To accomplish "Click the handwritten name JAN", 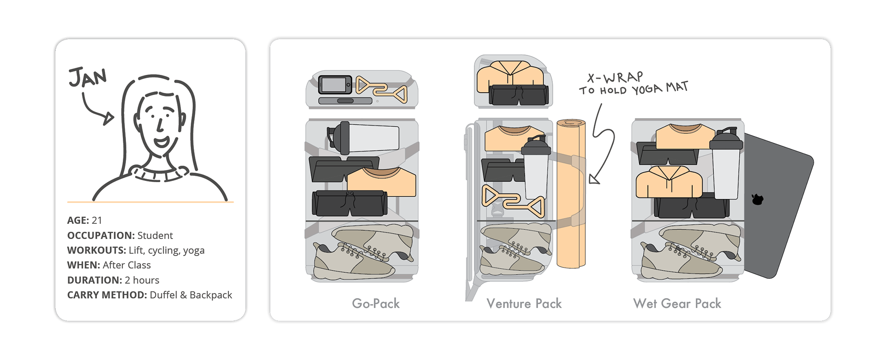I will click(x=87, y=77).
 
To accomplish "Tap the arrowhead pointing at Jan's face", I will click(x=109, y=119).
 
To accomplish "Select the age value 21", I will click(x=96, y=220).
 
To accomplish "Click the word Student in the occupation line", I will click(x=155, y=235).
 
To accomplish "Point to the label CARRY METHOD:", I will click(x=107, y=295).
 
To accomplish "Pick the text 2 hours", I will click(x=142, y=280).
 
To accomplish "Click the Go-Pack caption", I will click(x=376, y=303).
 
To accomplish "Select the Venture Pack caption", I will click(x=524, y=303).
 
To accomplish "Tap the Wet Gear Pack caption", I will click(x=677, y=303).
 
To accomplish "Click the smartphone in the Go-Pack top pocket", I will click(x=335, y=85).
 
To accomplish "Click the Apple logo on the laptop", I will click(x=757, y=199).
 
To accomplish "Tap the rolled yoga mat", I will click(x=571, y=194).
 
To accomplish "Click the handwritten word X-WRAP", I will click(x=615, y=78).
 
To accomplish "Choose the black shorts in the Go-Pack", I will click(x=349, y=204).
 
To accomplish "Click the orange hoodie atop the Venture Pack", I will click(x=510, y=74).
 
